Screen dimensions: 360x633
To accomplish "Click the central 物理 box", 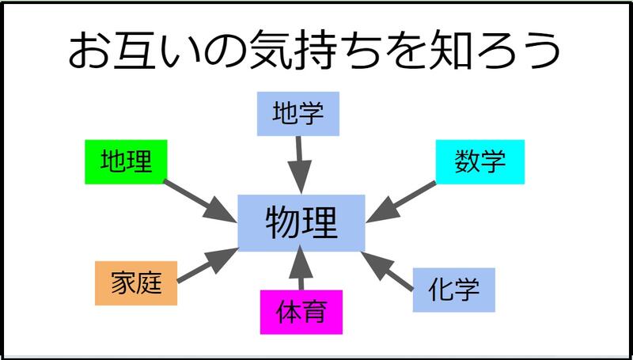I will coord(301,222).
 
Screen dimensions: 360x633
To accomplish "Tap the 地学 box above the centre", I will coord(298,113).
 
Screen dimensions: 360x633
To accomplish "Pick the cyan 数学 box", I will coord(480,163).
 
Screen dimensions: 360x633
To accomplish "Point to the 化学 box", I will coord(454,290).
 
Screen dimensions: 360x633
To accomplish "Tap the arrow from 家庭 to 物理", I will coord(207,264).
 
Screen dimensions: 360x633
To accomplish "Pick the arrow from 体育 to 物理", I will coord(300,270).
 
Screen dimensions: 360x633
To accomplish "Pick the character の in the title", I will coord(225,52).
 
